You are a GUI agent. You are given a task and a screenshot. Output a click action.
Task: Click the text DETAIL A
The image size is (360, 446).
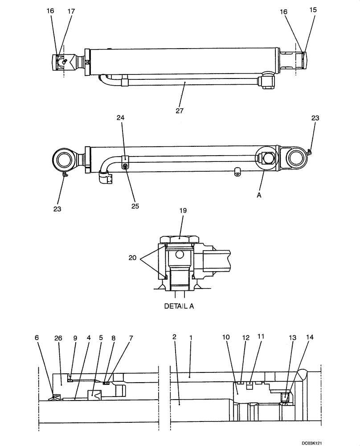tap(179, 306)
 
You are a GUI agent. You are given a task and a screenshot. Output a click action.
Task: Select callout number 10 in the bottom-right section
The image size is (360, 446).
tap(226, 338)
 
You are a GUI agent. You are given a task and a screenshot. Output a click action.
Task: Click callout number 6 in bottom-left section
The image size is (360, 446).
tap(37, 338)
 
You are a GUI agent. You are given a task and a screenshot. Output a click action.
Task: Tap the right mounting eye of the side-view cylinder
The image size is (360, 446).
tap(295, 158)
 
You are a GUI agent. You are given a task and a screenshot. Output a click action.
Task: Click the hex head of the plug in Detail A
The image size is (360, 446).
tap(180, 239)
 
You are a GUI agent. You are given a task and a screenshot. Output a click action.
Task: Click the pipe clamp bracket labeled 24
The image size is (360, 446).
tap(125, 158)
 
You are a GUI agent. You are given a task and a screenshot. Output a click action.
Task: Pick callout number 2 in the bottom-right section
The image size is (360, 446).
tap(175, 338)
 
